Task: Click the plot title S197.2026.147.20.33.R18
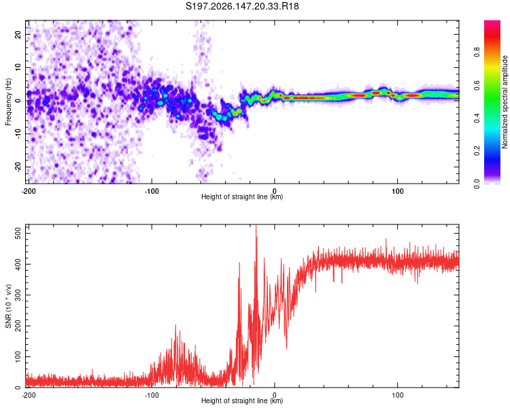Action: (242, 6)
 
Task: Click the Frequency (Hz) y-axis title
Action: (8, 102)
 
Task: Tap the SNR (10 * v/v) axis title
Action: (8, 306)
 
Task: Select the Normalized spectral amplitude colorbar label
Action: (505, 102)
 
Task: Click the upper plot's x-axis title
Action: (242, 197)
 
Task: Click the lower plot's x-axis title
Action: (242, 401)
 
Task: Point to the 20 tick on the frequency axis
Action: (18, 35)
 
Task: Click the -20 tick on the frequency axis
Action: (18, 167)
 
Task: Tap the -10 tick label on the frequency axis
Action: (18, 134)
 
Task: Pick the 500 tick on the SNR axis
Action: (18, 233)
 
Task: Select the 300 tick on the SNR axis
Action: (18, 295)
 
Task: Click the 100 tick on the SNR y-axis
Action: (18, 356)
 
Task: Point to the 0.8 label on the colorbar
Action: (477, 52)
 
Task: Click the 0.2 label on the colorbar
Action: (477, 151)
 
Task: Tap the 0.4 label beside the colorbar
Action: (477, 118)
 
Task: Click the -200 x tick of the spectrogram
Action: (29, 191)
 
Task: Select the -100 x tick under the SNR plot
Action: (152, 395)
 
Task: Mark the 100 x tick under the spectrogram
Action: (398, 191)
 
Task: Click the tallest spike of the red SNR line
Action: (256, 225)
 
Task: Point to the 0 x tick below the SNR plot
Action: (275, 395)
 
